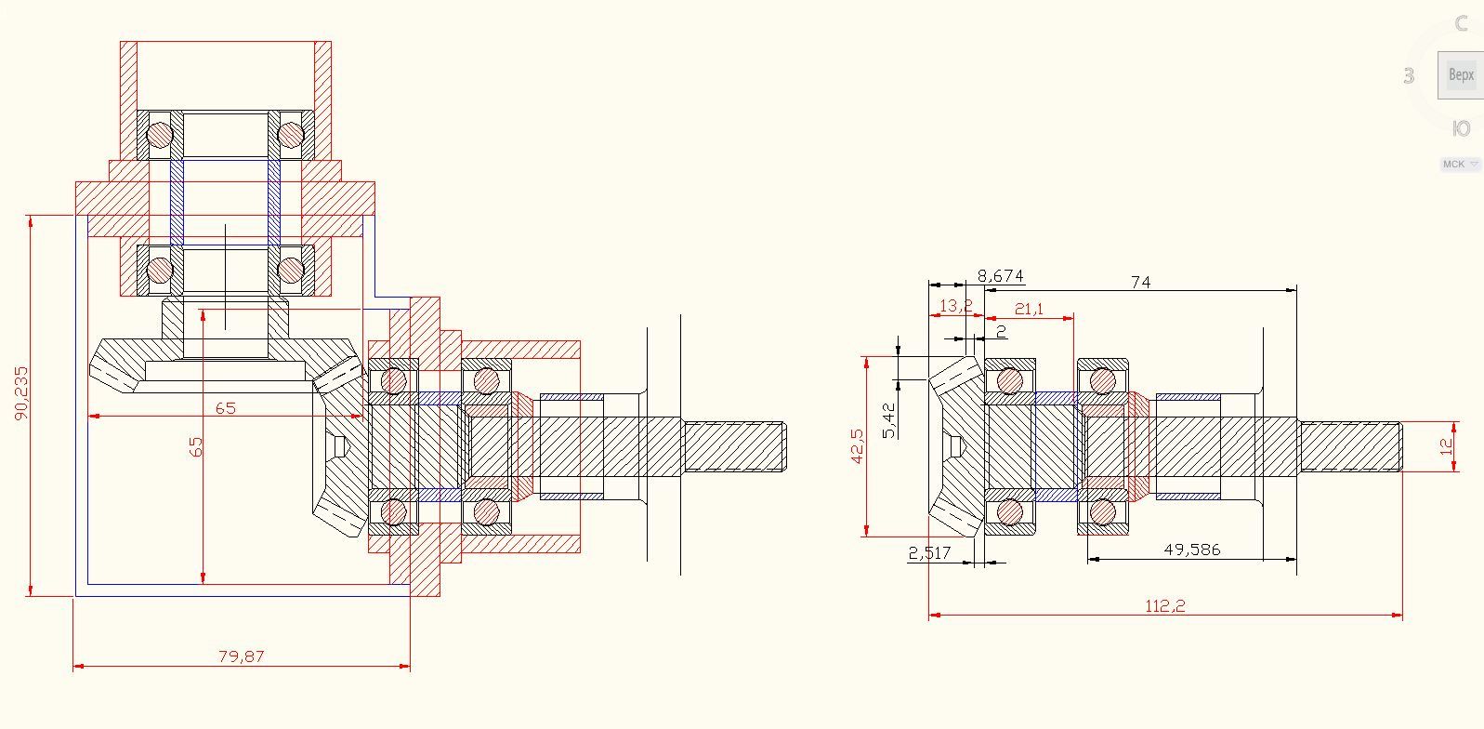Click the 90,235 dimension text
click(x=21, y=392)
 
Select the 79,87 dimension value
click(x=242, y=656)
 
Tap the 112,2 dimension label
click(x=1165, y=605)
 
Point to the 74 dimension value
click(x=1140, y=281)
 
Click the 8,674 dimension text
click(x=1000, y=275)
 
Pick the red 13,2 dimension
click(x=955, y=305)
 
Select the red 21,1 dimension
click(x=1029, y=308)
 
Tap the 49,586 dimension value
click(x=1192, y=549)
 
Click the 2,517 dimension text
click(x=929, y=552)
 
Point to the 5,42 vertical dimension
click(x=889, y=420)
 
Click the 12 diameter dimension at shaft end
click(x=1446, y=445)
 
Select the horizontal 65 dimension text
click(x=225, y=407)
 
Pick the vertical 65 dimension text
click(x=196, y=446)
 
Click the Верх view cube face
click(x=1461, y=74)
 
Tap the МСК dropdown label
click(x=1453, y=164)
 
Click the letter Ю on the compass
click(x=1461, y=128)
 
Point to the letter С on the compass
click(x=1462, y=23)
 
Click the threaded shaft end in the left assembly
click(x=735, y=447)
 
